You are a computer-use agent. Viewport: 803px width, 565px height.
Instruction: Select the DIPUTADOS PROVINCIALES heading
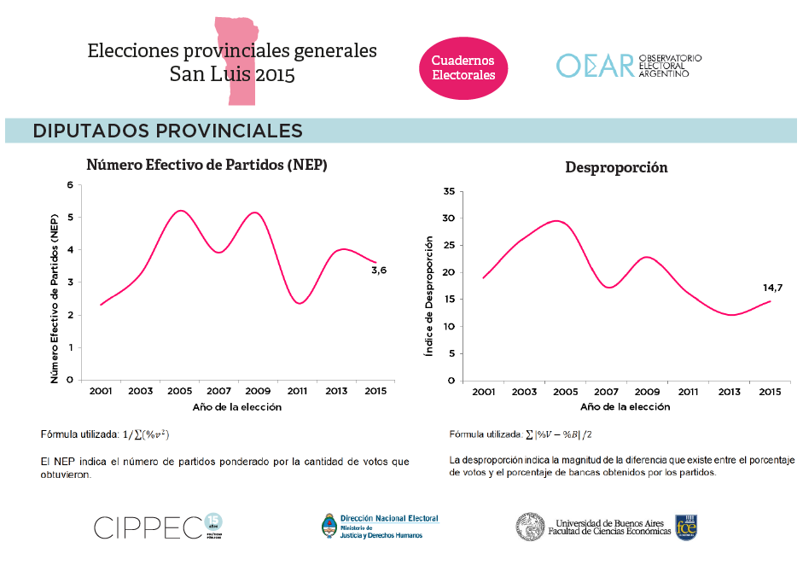pos(167,131)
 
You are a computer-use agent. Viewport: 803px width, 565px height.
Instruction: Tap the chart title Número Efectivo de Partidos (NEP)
pos(207,165)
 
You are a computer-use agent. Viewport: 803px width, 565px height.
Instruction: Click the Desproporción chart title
pos(616,167)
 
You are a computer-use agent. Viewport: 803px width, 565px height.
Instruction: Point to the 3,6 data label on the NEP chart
pos(379,271)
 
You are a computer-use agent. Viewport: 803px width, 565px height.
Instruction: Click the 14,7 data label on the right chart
pos(772,288)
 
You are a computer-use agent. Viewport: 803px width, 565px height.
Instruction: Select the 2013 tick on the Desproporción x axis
pos(729,392)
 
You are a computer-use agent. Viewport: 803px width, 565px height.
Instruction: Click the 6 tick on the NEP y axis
pos(70,184)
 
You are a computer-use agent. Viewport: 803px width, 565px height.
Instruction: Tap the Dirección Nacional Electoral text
pos(388,518)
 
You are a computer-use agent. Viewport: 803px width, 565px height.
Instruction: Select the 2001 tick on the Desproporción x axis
pos(483,392)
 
